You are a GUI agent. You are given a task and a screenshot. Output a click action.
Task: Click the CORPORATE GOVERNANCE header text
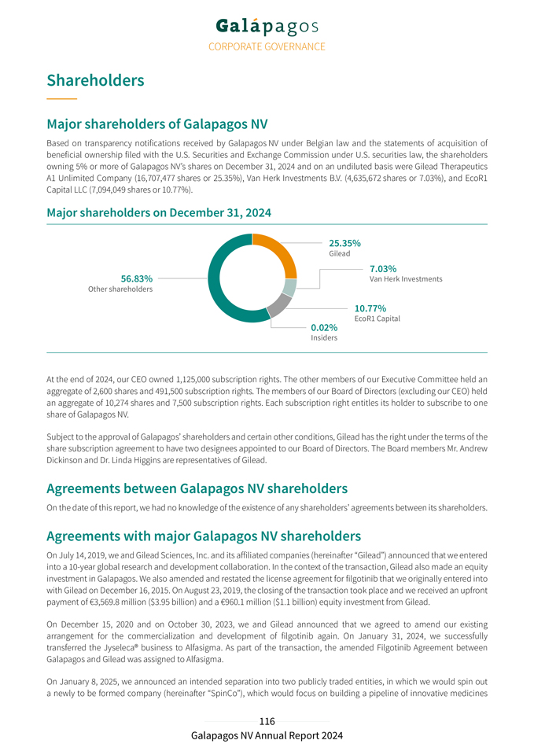coord(267,46)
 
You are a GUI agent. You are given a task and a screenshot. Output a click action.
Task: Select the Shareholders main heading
coord(95,80)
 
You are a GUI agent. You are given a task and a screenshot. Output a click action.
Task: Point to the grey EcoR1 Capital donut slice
coord(278,304)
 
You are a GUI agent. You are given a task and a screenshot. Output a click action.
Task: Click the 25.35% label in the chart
coord(344,243)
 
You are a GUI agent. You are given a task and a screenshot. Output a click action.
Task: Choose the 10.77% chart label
coord(370,308)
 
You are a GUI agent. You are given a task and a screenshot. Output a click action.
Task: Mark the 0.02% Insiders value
coord(324,327)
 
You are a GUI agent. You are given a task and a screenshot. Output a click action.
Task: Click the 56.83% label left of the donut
coord(137,279)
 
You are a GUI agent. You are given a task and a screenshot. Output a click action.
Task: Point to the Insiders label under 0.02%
coord(324,338)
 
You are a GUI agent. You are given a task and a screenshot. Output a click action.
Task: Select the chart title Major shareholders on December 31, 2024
coord(158,213)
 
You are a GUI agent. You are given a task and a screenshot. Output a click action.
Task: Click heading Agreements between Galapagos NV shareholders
coord(197,488)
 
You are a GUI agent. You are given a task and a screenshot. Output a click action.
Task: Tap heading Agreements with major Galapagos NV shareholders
coord(204,536)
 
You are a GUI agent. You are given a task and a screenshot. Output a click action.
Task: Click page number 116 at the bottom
coord(267,721)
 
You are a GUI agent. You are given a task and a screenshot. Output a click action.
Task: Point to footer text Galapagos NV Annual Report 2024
coord(267,736)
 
